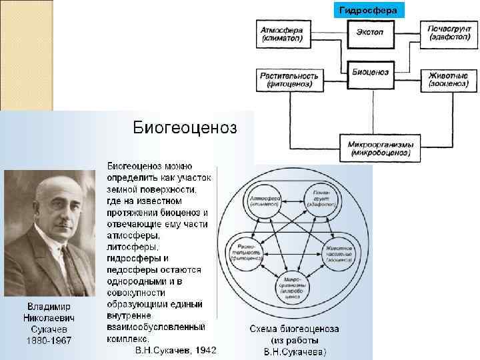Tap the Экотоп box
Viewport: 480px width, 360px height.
pos(370,31)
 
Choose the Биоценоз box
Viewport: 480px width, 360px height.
pos(370,72)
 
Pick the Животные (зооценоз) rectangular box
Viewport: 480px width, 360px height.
pos(447,80)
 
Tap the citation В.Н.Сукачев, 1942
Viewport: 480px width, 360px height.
pos(175,350)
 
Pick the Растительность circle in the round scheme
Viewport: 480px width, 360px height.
pos(246,252)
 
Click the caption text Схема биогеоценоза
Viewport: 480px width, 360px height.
pos(294,329)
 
